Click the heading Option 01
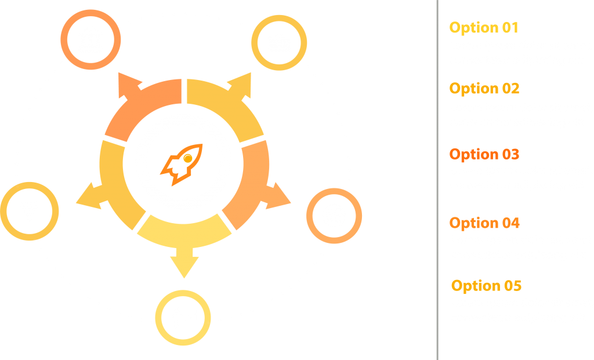tap(484, 27)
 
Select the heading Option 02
tap(484, 89)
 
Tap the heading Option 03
tap(484, 154)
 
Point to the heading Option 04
tap(484, 223)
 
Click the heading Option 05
tap(486, 286)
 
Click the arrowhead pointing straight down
tap(184, 266)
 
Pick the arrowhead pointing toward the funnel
tap(88, 195)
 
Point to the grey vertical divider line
tap(437, 180)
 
